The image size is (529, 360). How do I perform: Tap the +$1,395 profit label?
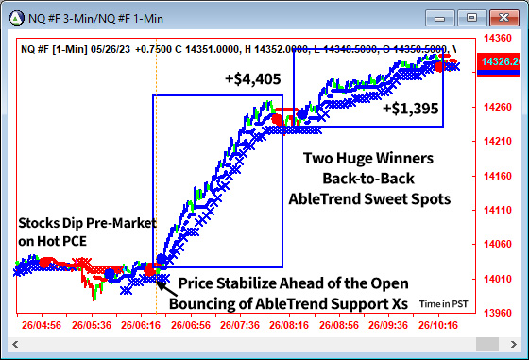[x=411, y=109]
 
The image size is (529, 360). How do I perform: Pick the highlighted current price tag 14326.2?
[x=501, y=61]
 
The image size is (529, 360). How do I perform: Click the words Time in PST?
[x=443, y=304]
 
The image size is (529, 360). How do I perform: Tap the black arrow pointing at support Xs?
[x=162, y=281]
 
